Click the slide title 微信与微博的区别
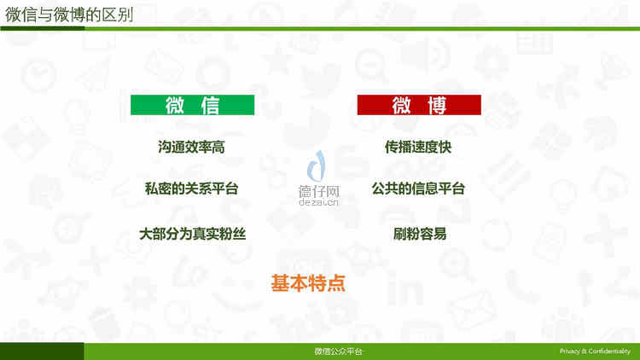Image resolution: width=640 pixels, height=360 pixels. point(69,15)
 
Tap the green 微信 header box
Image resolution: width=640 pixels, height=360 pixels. point(192,105)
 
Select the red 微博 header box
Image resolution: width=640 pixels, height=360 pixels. point(419,105)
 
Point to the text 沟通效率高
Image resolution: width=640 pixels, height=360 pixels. point(191,147)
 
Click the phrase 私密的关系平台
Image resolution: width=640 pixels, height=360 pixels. point(191,189)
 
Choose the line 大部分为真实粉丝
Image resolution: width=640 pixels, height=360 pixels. point(192,234)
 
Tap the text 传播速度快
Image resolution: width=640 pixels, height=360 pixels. point(418,147)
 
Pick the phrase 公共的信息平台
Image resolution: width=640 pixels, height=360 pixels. point(418,189)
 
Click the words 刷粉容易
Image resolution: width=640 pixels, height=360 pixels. point(420,234)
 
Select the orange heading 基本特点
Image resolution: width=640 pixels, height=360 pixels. point(308,283)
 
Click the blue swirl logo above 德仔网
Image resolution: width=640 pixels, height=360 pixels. point(317,165)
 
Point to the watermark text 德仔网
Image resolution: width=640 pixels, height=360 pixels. point(319,191)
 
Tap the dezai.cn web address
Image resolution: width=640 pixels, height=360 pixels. point(319,202)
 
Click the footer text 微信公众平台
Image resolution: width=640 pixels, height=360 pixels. point(338,351)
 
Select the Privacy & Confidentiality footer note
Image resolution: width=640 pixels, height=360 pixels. point(595,351)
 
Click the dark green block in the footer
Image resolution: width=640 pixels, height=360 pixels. point(42,351)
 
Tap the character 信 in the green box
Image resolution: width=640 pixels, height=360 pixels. point(210,105)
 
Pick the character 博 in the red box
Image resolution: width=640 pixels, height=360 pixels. point(437,105)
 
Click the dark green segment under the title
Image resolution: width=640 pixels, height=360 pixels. point(43,28)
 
